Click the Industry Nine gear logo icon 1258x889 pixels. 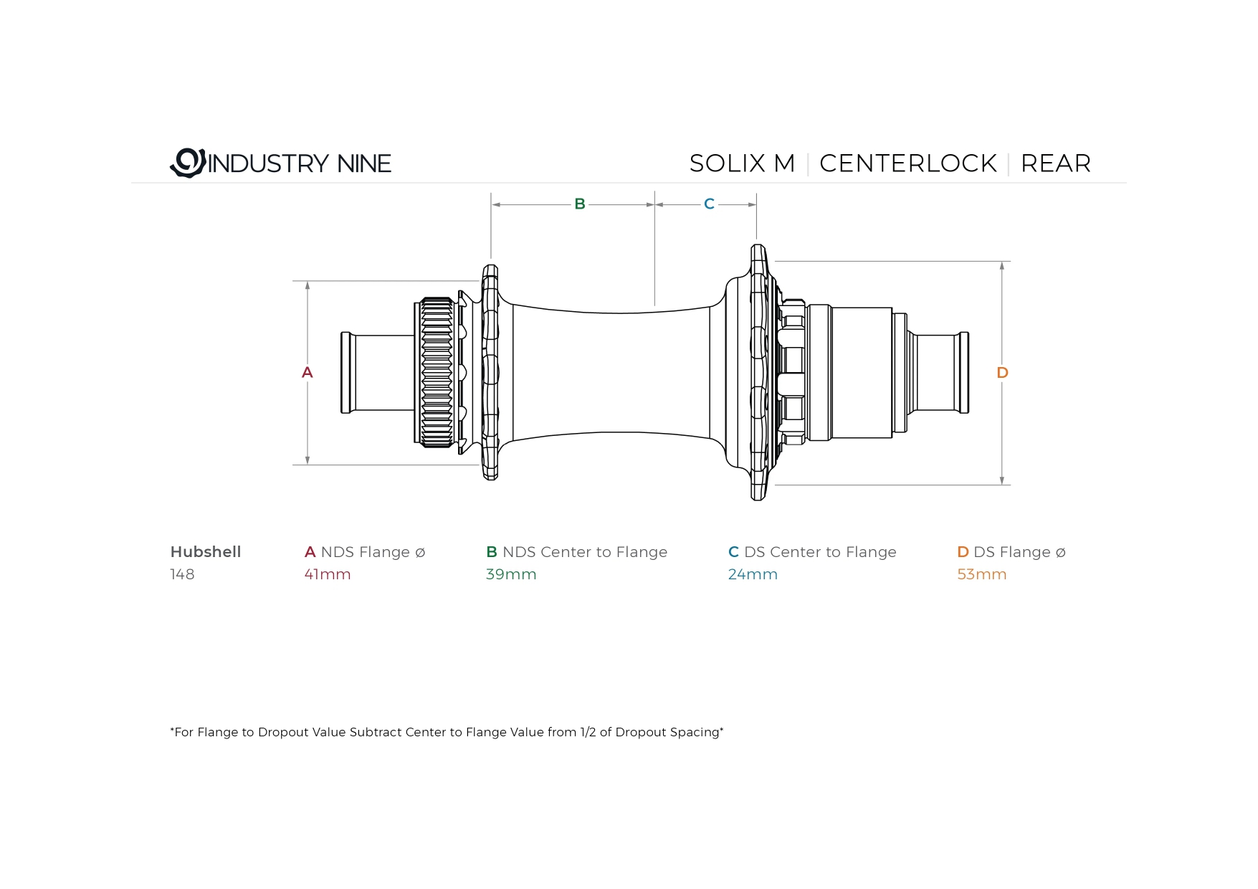pyautogui.click(x=188, y=163)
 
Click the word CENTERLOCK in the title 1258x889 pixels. pyautogui.click(x=907, y=163)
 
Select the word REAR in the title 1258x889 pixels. pyautogui.click(x=1055, y=163)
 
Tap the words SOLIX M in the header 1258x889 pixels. pyautogui.click(x=742, y=163)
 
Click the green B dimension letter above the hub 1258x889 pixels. pyautogui.click(x=580, y=204)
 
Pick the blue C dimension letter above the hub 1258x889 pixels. pyautogui.click(x=709, y=204)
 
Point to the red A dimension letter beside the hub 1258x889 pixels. pyautogui.click(x=308, y=372)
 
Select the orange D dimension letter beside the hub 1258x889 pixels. pyautogui.click(x=1002, y=373)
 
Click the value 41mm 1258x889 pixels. pyautogui.click(x=328, y=574)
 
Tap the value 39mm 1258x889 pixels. pyautogui.click(x=511, y=574)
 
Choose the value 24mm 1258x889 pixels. pyautogui.click(x=753, y=574)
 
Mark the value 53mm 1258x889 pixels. pyautogui.click(x=982, y=574)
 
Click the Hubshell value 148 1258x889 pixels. pyautogui.click(x=182, y=574)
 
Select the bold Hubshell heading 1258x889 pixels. pyautogui.click(x=206, y=552)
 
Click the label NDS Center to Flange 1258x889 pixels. pyautogui.click(x=585, y=552)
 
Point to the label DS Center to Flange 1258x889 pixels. pyautogui.click(x=820, y=552)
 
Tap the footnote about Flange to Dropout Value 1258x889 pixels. pyautogui.click(x=447, y=732)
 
